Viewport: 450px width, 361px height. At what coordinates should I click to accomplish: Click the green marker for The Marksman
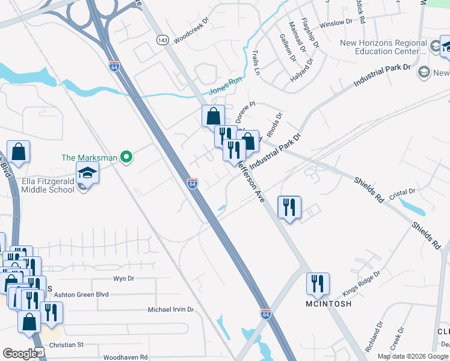(126, 158)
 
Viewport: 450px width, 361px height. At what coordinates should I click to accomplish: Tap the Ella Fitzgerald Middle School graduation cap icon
(87, 173)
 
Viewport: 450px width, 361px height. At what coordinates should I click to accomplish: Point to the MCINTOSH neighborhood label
(318, 303)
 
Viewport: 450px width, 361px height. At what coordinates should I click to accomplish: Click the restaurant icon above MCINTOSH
(317, 284)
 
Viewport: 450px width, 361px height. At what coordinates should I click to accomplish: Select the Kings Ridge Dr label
(362, 282)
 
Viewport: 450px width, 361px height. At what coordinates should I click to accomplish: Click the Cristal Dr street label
(403, 192)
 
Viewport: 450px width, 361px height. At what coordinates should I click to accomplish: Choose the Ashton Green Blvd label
(81, 294)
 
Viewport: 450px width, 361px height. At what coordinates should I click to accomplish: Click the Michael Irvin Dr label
(171, 310)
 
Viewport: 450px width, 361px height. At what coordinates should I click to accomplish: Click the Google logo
(20, 354)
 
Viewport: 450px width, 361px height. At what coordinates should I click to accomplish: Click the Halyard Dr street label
(301, 70)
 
